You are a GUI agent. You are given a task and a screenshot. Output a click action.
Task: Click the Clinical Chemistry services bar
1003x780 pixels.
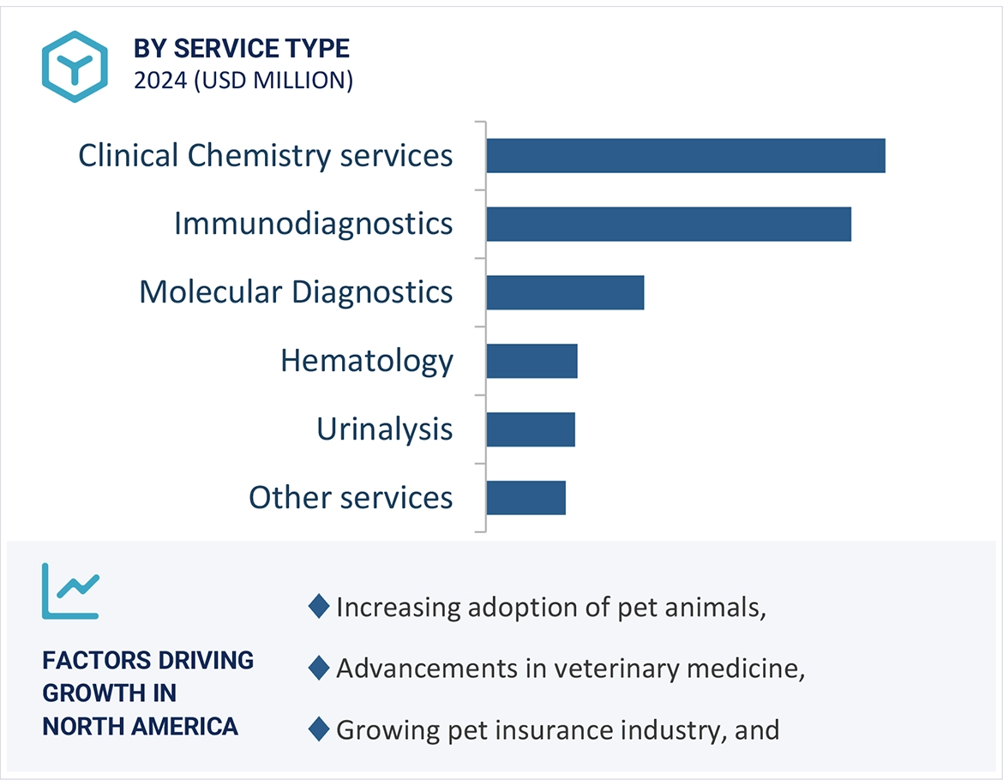685,155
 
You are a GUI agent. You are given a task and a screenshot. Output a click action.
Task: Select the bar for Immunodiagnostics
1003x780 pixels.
668,224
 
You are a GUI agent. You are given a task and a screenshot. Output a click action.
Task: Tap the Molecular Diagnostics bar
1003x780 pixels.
564,292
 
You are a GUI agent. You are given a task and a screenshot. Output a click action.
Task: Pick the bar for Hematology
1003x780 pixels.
532,361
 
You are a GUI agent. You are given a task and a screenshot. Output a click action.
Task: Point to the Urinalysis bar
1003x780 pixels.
530,429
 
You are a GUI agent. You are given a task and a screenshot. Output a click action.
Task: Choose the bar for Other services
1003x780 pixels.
526,498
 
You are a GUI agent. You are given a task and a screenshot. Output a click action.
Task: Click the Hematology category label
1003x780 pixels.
367,361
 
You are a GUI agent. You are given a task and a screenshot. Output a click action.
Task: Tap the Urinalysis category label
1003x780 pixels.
384,429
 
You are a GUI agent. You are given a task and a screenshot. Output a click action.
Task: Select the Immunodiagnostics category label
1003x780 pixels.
313,224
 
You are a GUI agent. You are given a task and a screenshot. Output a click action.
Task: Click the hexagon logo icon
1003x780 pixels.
75,67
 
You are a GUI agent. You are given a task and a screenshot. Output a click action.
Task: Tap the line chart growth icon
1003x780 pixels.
70,591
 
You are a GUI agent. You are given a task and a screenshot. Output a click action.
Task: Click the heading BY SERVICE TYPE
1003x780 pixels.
242,49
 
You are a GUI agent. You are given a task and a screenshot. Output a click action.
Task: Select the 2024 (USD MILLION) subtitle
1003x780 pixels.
243,80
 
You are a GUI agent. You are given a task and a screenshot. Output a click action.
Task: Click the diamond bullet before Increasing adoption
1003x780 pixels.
318,607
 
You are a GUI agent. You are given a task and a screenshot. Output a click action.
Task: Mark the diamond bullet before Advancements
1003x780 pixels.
318,669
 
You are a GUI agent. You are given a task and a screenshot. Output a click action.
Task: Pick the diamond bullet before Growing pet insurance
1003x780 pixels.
318,730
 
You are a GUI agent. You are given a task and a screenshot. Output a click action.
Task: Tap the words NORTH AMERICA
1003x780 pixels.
140,727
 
